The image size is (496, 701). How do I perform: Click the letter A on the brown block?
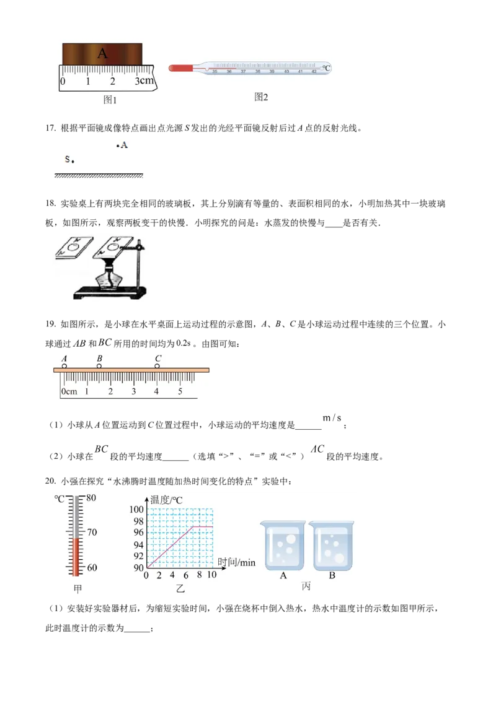point(102,54)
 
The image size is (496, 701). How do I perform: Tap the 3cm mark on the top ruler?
point(144,81)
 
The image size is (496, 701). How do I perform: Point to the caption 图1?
point(110,100)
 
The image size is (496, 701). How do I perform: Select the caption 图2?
point(261,97)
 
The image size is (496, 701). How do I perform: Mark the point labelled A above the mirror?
point(118,146)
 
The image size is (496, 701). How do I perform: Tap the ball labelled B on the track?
point(99,367)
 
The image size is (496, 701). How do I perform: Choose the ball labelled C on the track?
point(157,367)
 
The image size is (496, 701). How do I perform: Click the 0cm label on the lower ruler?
point(68,391)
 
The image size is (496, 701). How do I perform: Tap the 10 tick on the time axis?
point(211,575)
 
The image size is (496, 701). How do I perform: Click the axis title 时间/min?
point(236,562)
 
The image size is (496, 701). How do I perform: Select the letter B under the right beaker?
point(332,575)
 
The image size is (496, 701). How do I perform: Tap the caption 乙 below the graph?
point(180,589)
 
